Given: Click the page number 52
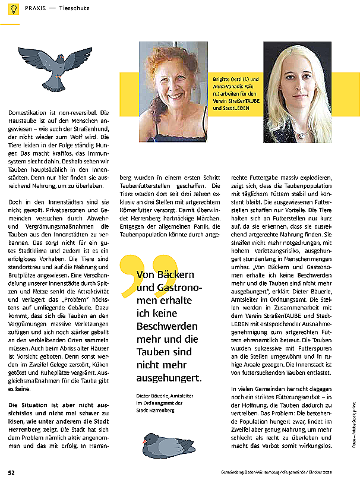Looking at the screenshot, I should click(11, 472).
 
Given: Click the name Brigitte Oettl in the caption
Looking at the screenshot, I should click(227, 80).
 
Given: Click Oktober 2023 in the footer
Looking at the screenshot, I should click(340, 473).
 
